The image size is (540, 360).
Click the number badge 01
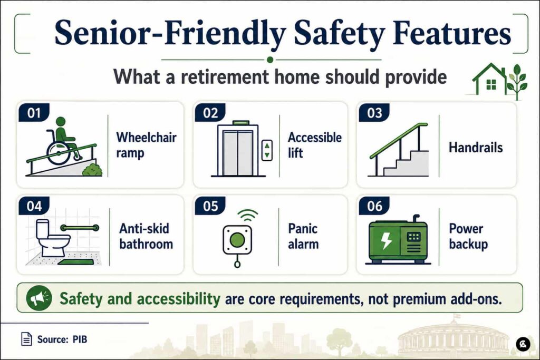click(34, 113)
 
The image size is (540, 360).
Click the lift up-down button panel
click(267, 150)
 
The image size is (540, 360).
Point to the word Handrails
click(476, 147)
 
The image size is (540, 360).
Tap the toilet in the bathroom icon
click(52, 239)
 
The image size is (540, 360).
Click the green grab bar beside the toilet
click(80, 228)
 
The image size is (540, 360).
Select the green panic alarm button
click(237, 239)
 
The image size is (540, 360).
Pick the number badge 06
click(374, 206)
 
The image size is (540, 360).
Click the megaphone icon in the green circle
click(39, 298)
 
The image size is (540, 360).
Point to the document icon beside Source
click(26, 339)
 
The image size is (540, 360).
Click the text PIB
click(80, 339)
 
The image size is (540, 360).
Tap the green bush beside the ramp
click(92, 170)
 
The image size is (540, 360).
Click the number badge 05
click(210, 206)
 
